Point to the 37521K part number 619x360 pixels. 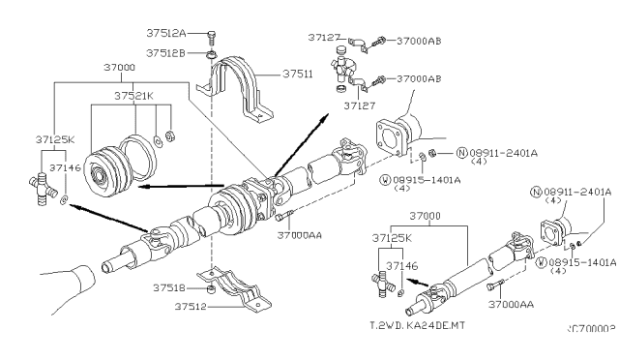[x=133, y=96]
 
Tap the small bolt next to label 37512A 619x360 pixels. [x=212, y=37]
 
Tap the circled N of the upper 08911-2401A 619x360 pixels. [x=463, y=152]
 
